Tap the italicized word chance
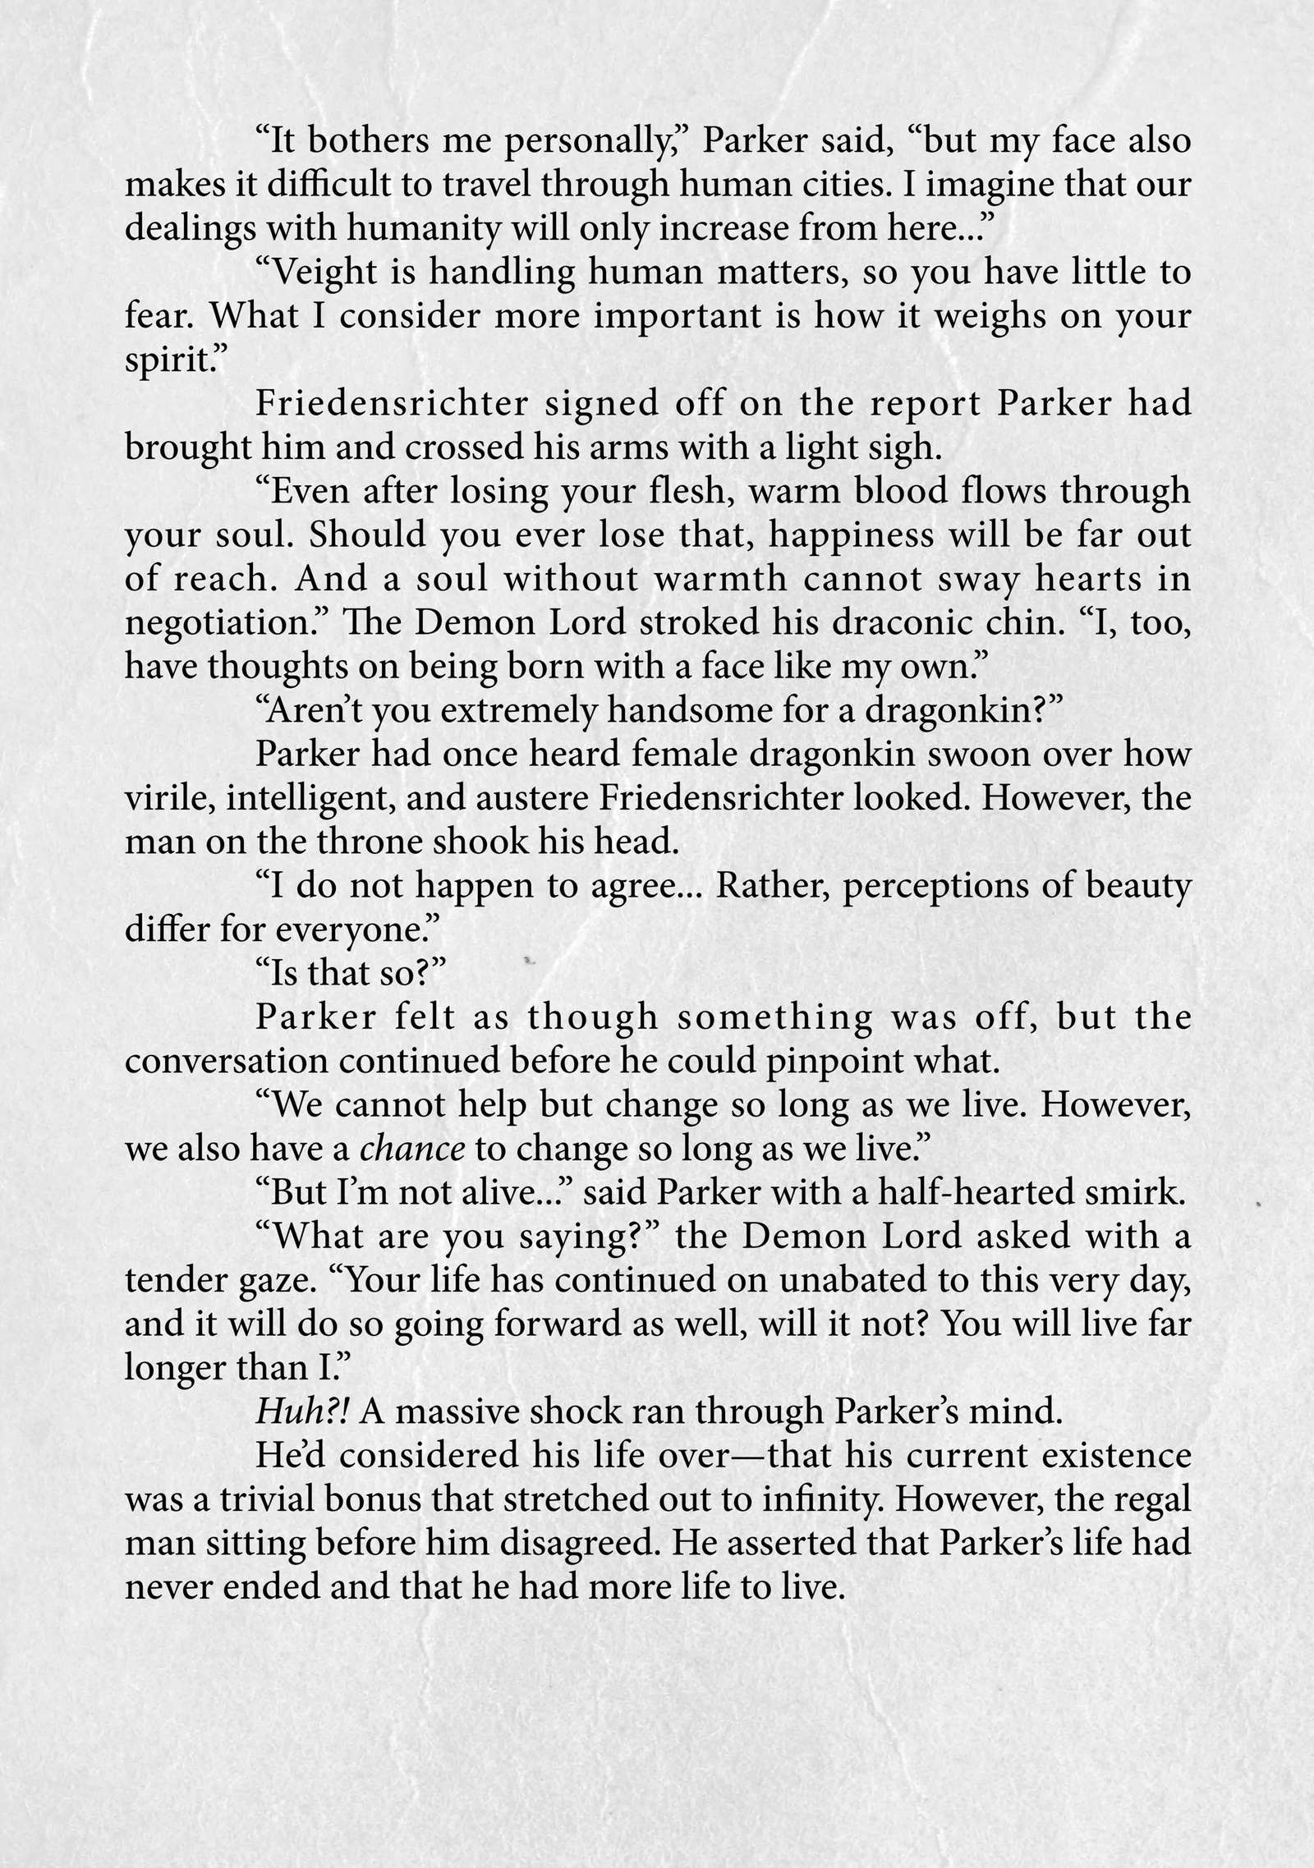click(412, 1150)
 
